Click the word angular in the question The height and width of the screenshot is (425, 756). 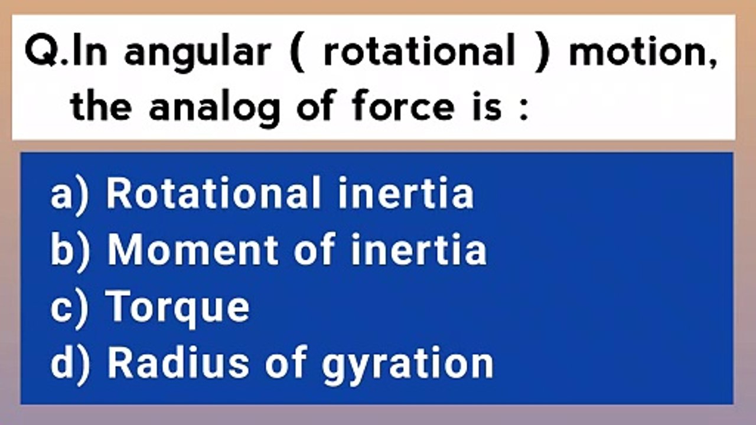198,53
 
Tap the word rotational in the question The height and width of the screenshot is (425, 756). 419,50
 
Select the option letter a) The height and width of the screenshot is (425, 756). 70,195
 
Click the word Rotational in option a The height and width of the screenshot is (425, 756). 213,192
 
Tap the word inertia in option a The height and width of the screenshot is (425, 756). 406,193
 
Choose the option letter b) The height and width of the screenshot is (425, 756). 70,251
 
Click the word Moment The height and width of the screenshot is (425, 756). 193,250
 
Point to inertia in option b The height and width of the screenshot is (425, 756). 419,250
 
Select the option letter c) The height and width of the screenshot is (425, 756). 70,309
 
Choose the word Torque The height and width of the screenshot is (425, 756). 178,308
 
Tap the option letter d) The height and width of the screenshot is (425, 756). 70,365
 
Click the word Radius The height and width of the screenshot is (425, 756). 178,363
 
